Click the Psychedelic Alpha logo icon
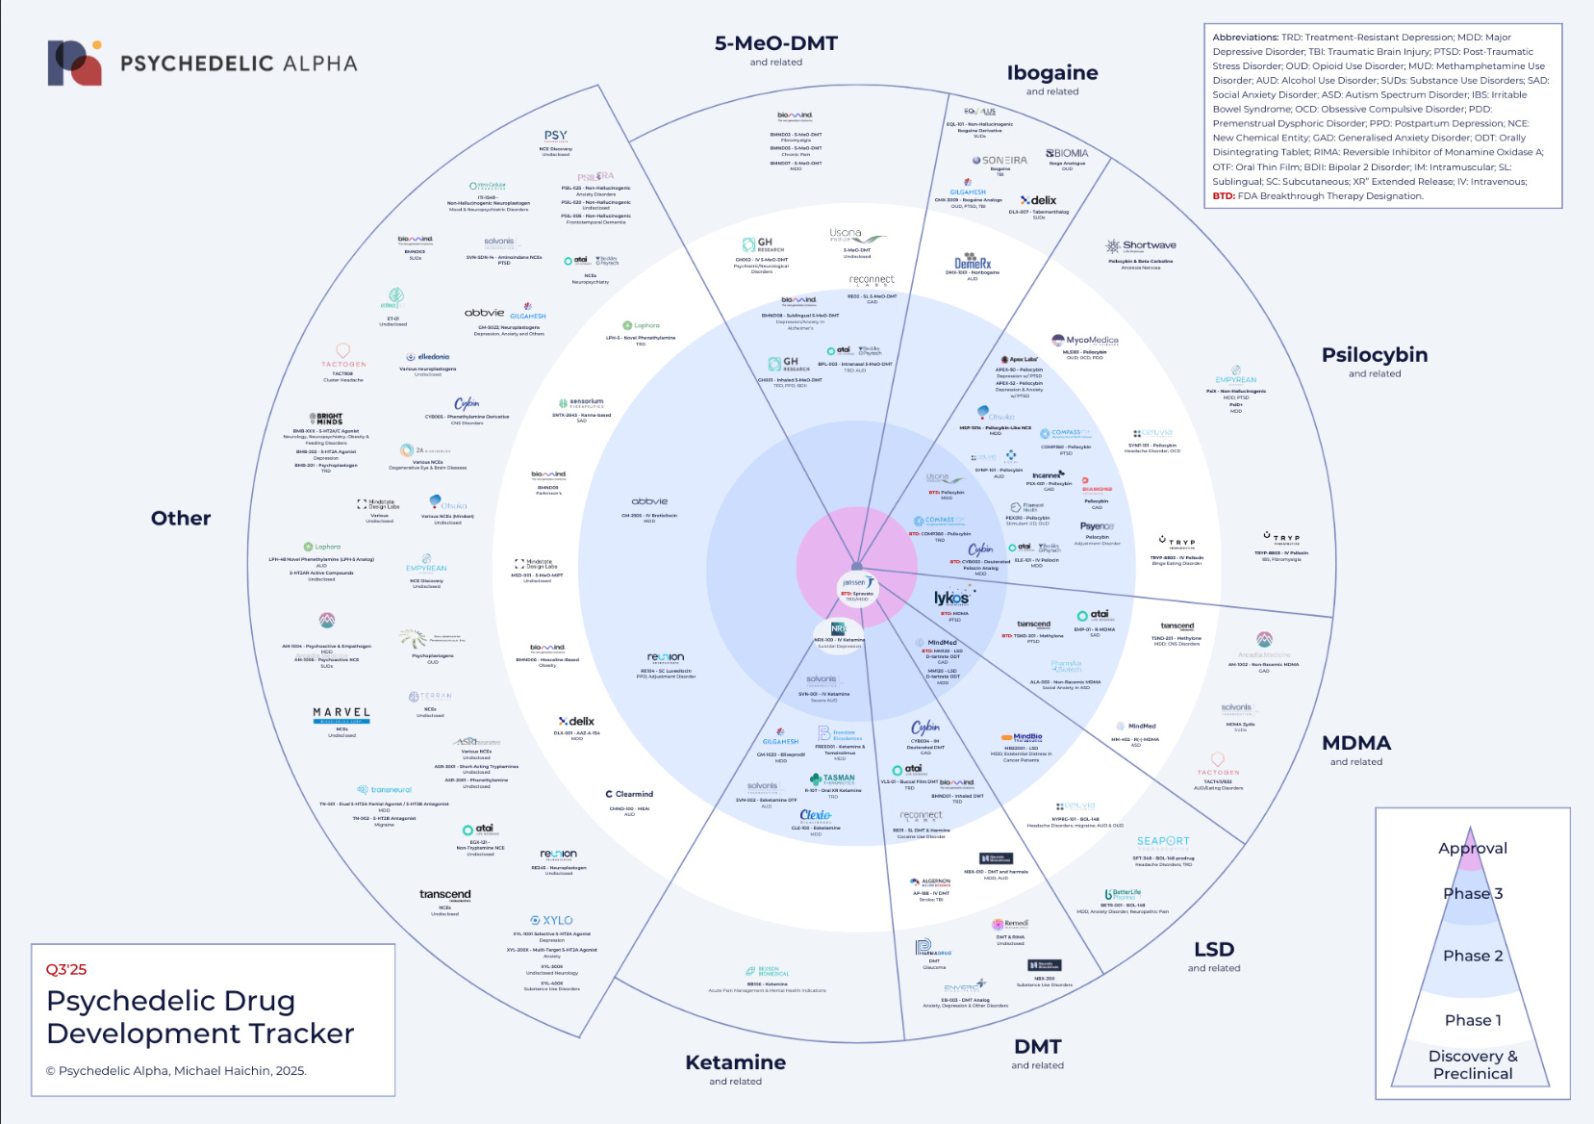tap(75, 63)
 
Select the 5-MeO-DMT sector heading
tap(775, 43)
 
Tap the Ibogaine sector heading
tap(1051, 73)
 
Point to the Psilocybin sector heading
tap(1374, 355)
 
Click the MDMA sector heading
tap(1355, 743)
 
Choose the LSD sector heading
tap(1213, 950)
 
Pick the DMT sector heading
tap(1037, 1047)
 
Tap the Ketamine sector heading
tap(735, 1062)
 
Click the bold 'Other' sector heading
tap(181, 518)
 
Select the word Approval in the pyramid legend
tap(1472, 848)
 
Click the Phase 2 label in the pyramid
tap(1472, 956)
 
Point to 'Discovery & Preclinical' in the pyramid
tap(1472, 1064)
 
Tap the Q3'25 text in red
tap(66, 969)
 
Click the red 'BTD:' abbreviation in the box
tap(1224, 196)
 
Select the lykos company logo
tap(951, 599)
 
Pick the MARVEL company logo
tap(342, 713)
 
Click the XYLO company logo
tap(551, 921)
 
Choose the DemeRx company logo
tap(972, 263)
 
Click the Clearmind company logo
tap(629, 794)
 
